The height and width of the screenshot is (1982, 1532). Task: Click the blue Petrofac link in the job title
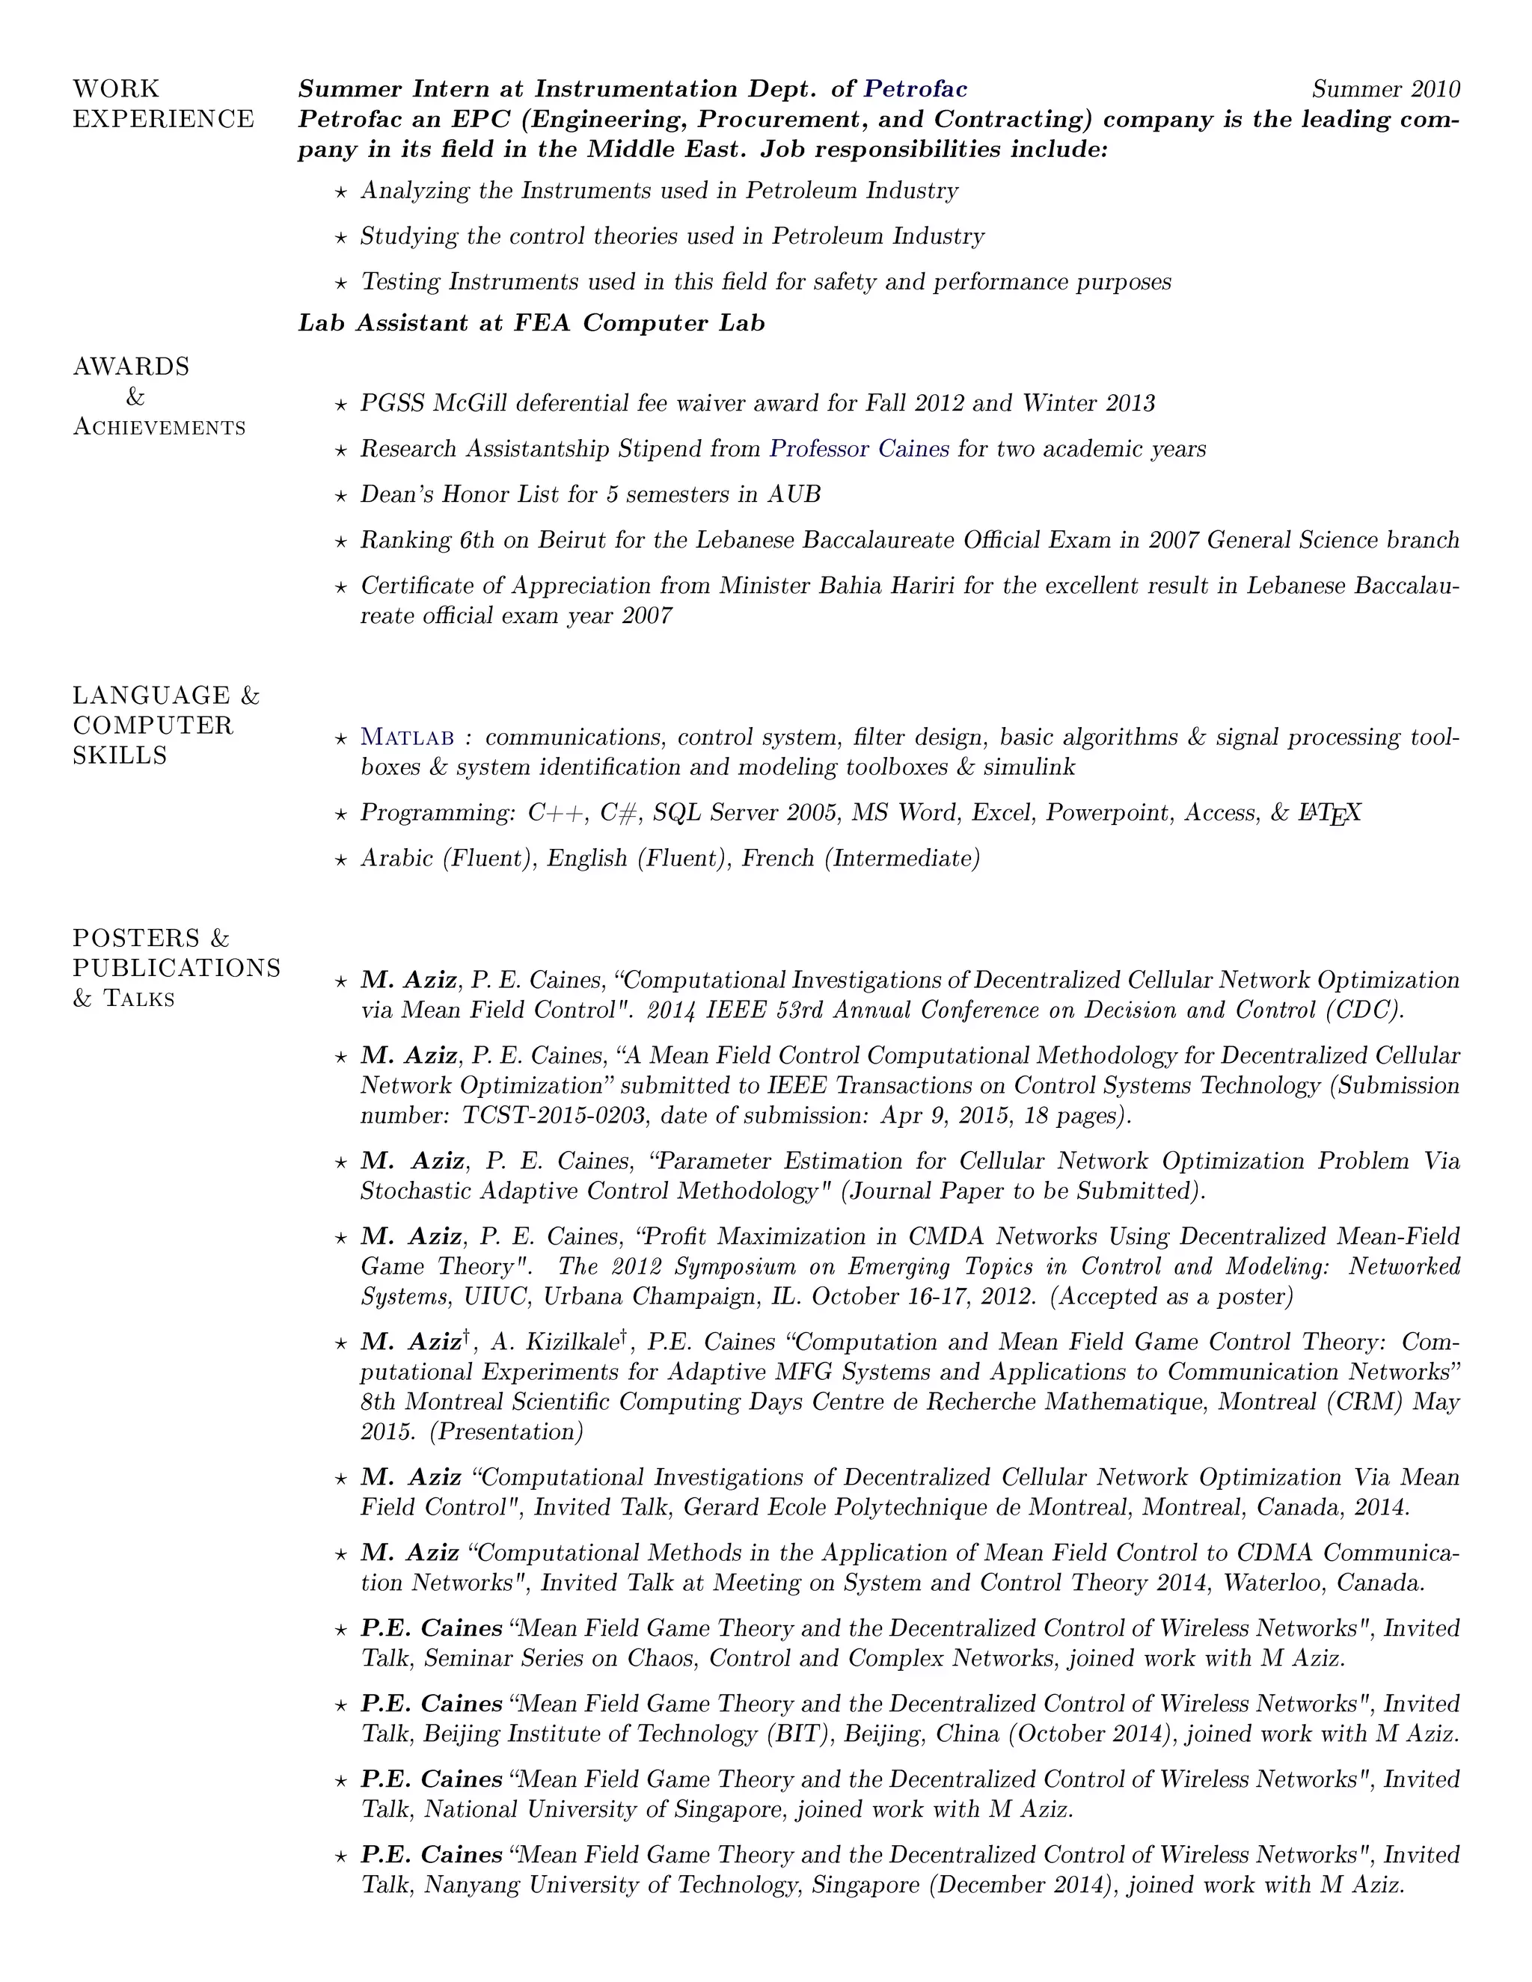point(915,89)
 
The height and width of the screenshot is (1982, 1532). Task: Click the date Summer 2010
point(1386,89)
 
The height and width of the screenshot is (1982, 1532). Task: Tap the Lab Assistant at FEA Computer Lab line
point(531,323)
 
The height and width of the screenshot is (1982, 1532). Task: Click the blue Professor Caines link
point(859,448)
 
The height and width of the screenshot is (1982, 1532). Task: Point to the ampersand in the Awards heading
point(135,396)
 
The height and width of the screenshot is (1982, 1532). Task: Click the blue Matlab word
point(408,737)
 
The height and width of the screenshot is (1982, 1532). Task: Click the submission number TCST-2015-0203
point(554,1115)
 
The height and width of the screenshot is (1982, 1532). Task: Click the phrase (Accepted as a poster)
point(1171,1297)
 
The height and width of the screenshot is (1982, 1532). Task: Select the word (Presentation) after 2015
point(506,1432)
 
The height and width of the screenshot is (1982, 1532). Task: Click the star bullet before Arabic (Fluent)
point(340,859)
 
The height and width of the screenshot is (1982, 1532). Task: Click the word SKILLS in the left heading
point(120,756)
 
